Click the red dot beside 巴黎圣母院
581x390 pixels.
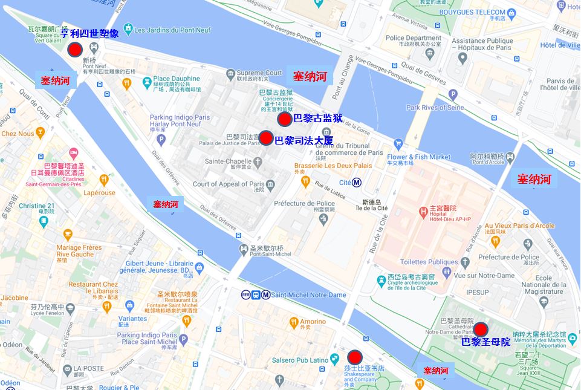click(481, 330)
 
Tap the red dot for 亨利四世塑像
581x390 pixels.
click(74, 50)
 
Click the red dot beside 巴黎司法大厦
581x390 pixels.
click(265, 138)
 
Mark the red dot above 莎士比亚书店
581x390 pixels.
click(355, 357)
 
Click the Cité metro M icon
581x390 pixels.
click(357, 183)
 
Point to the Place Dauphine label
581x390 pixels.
click(176, 79)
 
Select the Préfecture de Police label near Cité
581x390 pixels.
click(304, 204)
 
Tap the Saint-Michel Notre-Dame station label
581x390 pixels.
click(308, 295)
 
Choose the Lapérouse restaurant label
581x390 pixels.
click(99, 193)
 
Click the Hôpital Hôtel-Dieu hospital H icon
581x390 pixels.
click(424, 213)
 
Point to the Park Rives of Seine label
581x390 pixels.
click(435, 108)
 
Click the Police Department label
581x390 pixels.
click(414, 37)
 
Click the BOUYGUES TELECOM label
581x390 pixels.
click(464, 12)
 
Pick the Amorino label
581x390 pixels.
click(313, 322)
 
